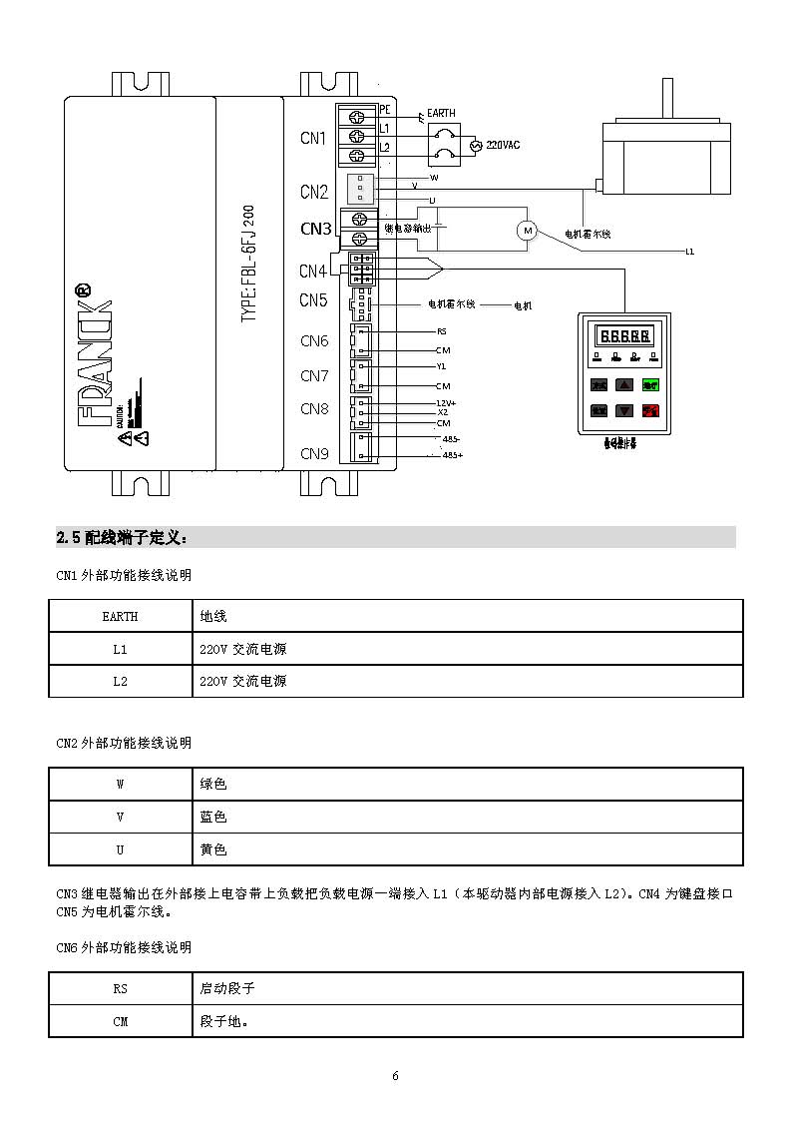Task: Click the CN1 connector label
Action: [x=313, y=139]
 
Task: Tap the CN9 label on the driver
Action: [x=314, y=454]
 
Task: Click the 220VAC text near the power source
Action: [x=503, y=145]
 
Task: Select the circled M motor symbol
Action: [x=526, y=231]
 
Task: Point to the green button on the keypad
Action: [x=650, y=384]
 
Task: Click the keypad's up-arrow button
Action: [x=624, y=384]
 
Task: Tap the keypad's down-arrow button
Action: [x=624, y=410]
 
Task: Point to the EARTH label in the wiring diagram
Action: [x=441, y=114]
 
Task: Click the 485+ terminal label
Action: [x=452, y=455]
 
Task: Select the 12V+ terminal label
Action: [x=446, y=402]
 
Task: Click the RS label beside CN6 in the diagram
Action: [x=442, y=331]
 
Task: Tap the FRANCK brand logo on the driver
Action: [x=95, y=354]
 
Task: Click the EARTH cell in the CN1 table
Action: [x=120, y=617]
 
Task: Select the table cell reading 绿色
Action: [x=213, y=785]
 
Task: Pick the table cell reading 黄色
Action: [x=213, y=850]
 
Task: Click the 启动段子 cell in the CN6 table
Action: [x=227, y=988]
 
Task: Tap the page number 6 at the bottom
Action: [x=395, y=1076]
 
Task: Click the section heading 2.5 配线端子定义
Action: [x=122, y=538]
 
